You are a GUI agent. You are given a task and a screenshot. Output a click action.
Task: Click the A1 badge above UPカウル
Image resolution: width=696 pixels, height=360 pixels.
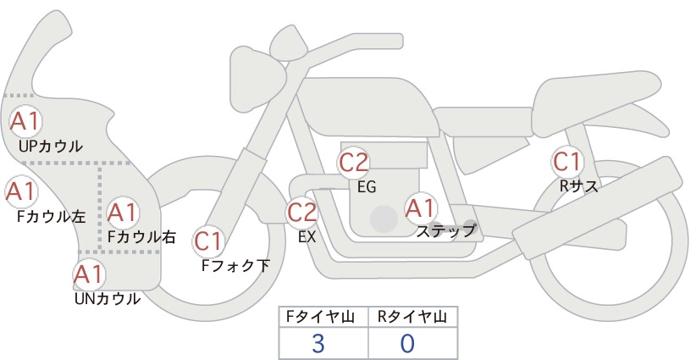tap(25, 121)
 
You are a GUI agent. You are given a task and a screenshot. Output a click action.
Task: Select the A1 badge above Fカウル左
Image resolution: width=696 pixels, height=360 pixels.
tap(22, 191)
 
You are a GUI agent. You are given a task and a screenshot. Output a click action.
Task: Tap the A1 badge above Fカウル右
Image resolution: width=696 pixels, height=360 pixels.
tap(122, 213)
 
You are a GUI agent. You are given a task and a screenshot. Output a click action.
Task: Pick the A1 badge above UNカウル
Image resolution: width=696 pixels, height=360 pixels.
tap(89, 274)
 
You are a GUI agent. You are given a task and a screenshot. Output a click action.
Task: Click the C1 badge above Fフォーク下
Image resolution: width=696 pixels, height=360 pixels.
tap(208, 241)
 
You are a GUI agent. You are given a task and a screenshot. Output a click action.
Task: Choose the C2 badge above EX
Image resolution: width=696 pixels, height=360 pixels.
tap(302, 212)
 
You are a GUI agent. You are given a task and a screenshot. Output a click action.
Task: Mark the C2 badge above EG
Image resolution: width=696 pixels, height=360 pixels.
tap(354, 163)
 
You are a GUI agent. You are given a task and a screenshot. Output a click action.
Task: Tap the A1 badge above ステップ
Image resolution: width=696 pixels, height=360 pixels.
tap(421, 208)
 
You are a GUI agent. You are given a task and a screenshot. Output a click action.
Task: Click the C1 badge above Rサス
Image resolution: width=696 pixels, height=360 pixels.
tap(567, 162)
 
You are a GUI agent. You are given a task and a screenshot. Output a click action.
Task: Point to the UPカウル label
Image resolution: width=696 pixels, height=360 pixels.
tap(51, 147)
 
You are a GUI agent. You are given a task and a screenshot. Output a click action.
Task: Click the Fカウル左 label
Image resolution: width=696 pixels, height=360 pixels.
tap(51, 216)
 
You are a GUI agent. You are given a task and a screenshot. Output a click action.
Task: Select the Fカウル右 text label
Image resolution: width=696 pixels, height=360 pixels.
tap(142, 236)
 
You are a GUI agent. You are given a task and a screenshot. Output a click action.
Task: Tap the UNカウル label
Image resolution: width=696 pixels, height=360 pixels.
tap(108, 299)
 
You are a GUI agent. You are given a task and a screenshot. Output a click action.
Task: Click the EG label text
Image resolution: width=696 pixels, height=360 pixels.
tap(367, 187)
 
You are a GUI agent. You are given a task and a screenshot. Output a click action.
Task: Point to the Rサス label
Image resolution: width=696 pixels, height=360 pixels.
tap(578, 186)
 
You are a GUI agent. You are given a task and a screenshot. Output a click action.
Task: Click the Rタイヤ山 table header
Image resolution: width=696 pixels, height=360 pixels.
tap(412, 317)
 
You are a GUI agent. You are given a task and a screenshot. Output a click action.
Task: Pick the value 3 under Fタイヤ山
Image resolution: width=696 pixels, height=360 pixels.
tap(318, 343)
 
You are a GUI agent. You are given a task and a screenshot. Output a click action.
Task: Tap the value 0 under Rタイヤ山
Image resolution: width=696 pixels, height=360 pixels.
tap(407, 343)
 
